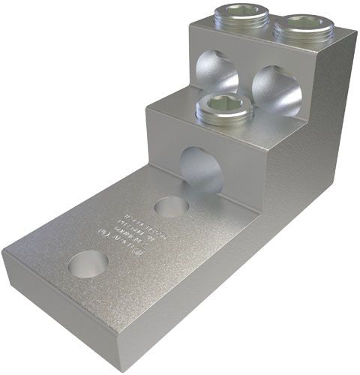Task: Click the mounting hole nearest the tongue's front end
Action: click(x=87, y=262)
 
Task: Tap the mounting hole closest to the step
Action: click(x=172, y=206)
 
